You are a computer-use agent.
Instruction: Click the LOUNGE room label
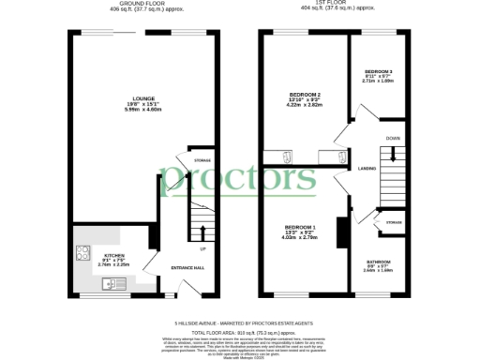click(143, 97)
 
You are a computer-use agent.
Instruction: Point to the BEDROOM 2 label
click(306, 95)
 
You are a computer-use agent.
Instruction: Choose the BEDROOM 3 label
click(378, 71)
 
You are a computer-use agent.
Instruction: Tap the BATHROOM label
click(378, 262)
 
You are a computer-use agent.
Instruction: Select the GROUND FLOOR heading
click(143, 5)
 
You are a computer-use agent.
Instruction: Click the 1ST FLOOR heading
click(336, 5)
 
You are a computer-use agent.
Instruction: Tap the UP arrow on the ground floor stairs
click(202, 248)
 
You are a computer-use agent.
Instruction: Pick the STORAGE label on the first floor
click(394, 223)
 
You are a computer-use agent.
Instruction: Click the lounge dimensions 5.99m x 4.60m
click(143, 109)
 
